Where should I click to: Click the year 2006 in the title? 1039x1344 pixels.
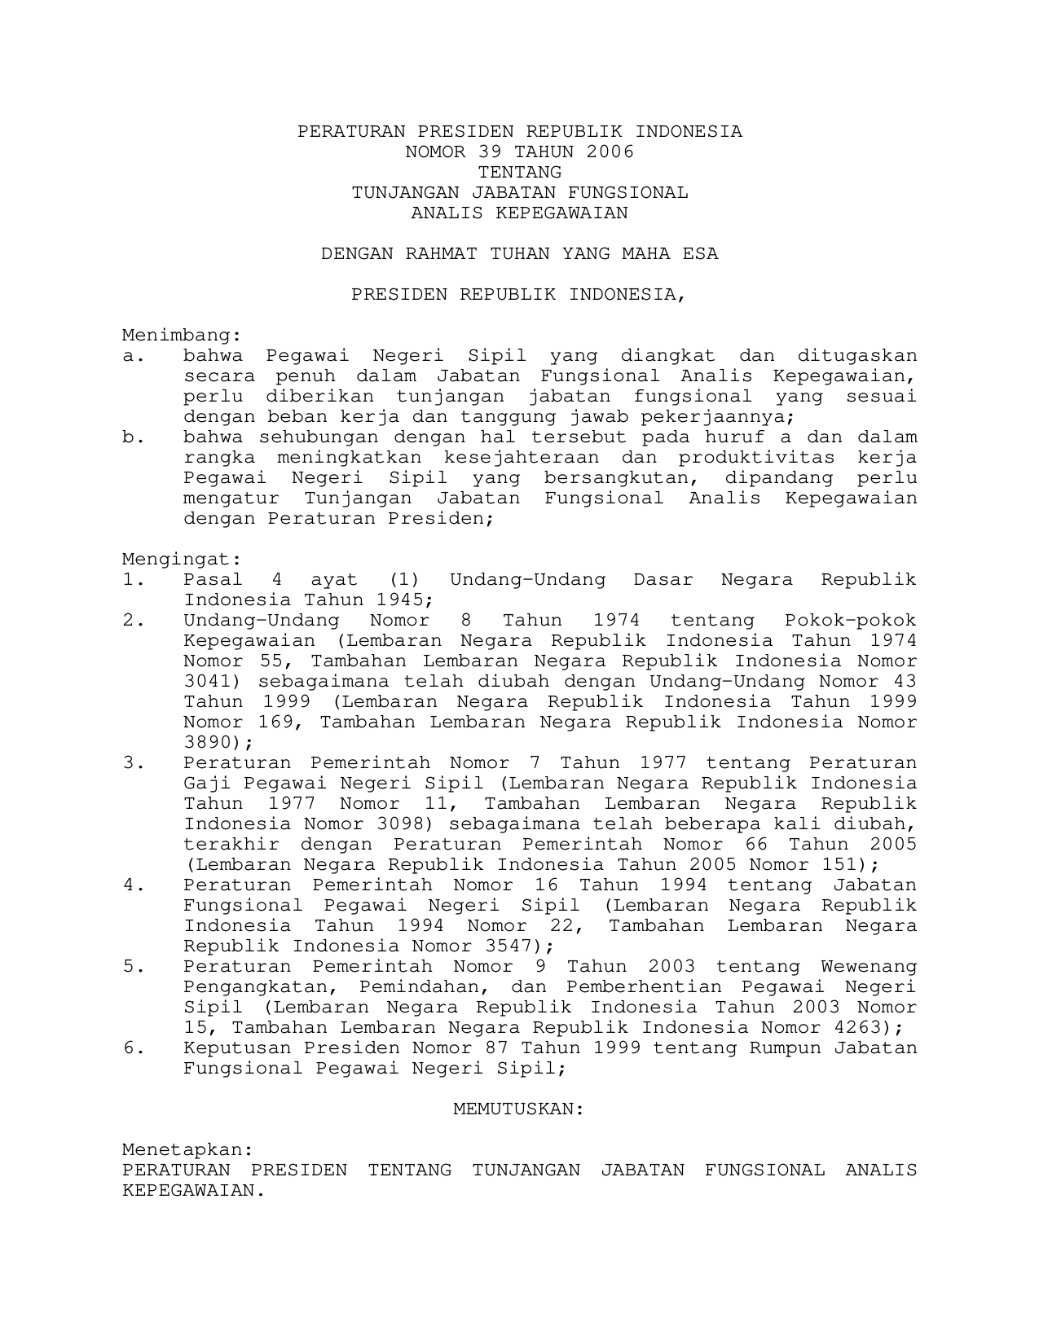(x=610, y=152)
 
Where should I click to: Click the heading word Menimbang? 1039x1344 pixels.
(x=182, y=336)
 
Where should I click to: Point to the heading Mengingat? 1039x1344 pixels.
(x=182, y=560)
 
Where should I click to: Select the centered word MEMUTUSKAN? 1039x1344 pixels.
(x=519, y=1109)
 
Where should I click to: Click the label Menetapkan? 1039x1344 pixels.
(x=187, y=1150)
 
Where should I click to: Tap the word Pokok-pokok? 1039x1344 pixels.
(x=850, y=621)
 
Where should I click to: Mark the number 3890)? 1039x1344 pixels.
(x=218, y=743)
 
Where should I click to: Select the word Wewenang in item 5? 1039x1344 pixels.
(x=869, y=967)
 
